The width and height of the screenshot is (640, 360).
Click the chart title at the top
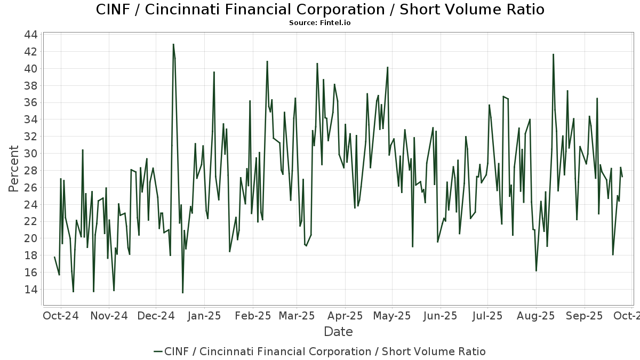[320, 10]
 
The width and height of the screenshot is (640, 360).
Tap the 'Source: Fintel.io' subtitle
[320, 23]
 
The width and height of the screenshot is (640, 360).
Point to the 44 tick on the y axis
[30, 35]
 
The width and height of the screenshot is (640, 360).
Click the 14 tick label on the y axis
[30, 290]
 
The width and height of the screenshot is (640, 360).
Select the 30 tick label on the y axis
[30, 154]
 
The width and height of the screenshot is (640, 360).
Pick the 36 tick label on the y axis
[30, 102]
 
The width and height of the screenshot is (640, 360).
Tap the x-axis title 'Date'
[338, 332]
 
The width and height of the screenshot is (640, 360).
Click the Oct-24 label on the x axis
[60, 316]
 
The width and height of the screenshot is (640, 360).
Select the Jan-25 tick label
[205, 316]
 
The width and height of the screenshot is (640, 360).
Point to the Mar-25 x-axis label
[297, 316]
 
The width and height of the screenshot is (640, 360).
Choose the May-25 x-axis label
[392, 316]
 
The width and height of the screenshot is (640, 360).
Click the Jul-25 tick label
[487, 316]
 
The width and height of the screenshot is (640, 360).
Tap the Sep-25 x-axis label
[585, 316]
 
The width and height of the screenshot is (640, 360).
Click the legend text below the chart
[325, 351]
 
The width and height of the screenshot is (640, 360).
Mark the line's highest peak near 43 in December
[173, 44]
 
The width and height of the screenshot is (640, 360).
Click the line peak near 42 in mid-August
[553, 54]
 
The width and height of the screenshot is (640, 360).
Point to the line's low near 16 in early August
[536, 271]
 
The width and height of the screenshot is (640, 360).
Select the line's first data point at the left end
[54, 257]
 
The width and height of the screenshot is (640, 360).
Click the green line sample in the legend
[158, 351]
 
